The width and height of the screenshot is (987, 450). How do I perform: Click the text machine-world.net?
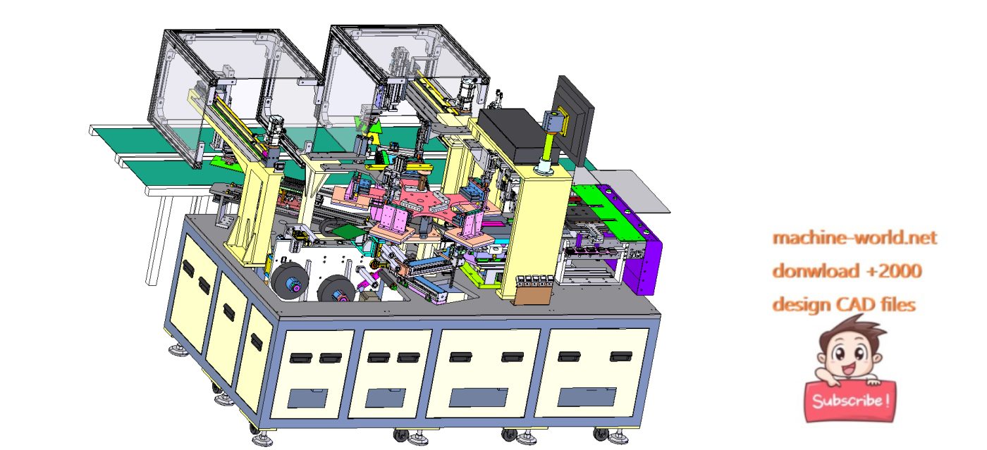[x=854, y=238]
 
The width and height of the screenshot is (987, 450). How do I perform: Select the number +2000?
[x=894, y=271]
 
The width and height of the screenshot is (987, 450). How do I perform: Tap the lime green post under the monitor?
[x=549, y=147]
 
